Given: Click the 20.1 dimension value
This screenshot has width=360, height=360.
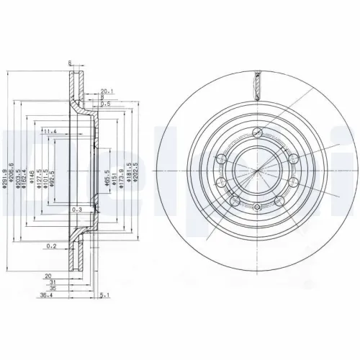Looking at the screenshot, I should pyautogui.click(x=107, y=91).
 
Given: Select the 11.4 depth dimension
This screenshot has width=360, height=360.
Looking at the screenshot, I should pyautogui.click(x=49, y=132).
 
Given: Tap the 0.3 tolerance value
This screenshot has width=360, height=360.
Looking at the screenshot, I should pyautogui.click(x=76, y=209).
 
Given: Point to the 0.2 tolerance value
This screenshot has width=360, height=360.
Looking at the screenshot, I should pyautogui.click(x=52, y=246).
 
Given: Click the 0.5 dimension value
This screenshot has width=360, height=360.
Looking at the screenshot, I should pyautogui.click(x=106, y=104).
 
